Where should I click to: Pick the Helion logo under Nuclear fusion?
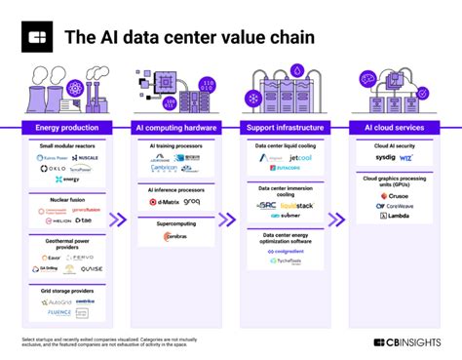pyautogui.click(x=54, y=221)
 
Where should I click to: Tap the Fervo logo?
pyautogui.click(x=84, y=258)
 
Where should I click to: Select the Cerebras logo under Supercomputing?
pyautogui.click(x=173, y=237)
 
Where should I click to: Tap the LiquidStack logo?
pyautogui.click(x=296, y=207)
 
